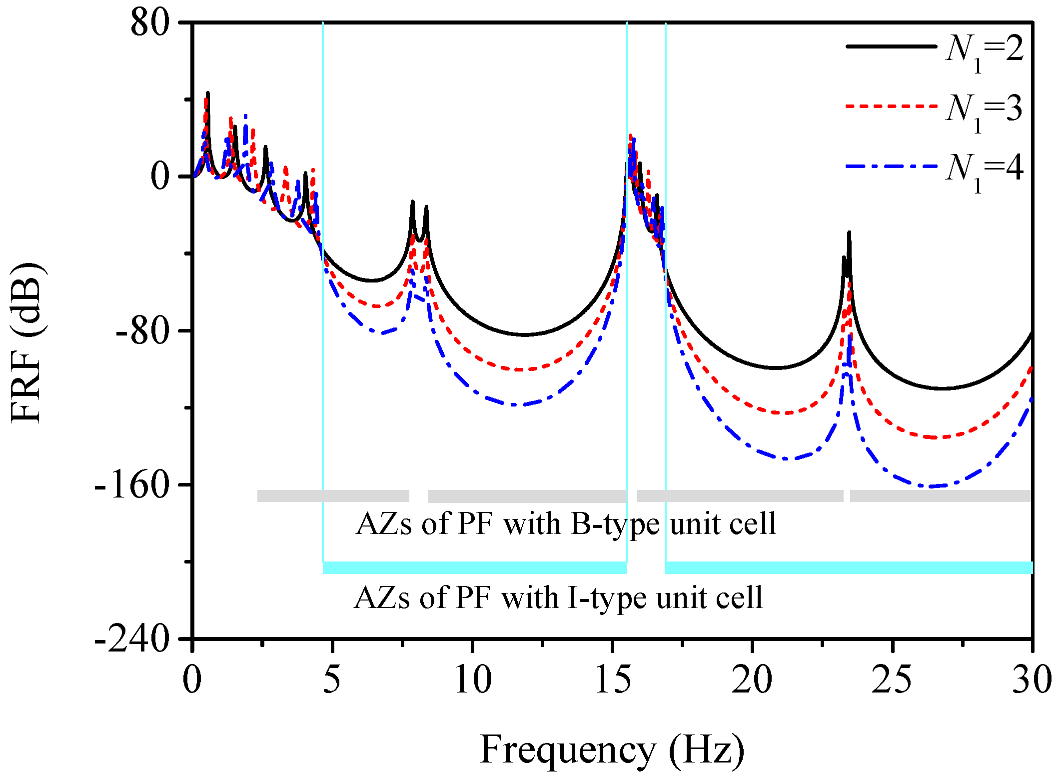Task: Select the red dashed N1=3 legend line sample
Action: [x=891, y=106]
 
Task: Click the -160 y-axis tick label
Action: [x=132, y=485]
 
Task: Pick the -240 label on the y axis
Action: [x=132, y=639]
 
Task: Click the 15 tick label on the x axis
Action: [x=613, y=680]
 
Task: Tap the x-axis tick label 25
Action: [x=892, y=680]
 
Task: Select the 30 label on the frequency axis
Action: [x=1031, y=680]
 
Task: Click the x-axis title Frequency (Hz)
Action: [x=612, y=750]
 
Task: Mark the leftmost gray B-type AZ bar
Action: [x=333, y=496]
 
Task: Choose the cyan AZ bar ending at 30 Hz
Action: [x=849, y=567]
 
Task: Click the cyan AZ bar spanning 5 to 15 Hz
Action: [x=474, y=567]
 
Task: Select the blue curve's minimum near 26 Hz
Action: [x=930, y=486]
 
